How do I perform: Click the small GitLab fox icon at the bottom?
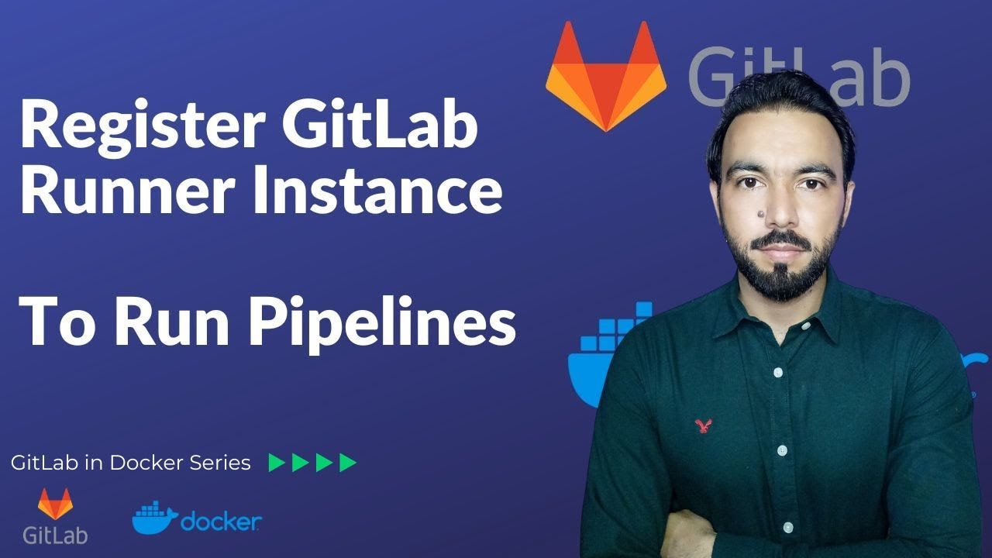54,504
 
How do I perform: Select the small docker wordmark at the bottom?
221,522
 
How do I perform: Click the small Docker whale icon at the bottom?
154,517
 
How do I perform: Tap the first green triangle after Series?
276,463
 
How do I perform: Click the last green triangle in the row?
348,463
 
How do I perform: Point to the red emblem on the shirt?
703,424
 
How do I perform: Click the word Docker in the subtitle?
147,463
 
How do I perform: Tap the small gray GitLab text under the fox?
54,535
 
